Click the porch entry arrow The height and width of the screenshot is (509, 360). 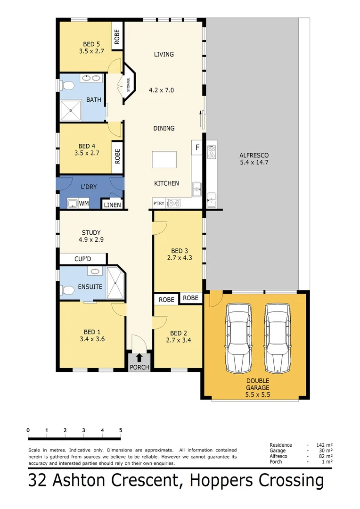tap(139, 359)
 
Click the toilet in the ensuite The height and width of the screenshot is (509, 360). tap(66, 290)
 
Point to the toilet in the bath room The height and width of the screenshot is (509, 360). tap(67, 86)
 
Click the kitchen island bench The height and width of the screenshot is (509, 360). tap(164, 159)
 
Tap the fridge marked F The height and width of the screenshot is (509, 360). tap(197, 148)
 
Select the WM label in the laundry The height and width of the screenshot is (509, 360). tap(83, 204)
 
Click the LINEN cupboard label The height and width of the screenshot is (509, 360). tap(113, 205)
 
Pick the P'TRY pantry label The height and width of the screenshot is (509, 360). tap(159, 203)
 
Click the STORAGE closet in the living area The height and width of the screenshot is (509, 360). tap(128, 85)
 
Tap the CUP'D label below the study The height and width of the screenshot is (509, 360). tap(83, 259)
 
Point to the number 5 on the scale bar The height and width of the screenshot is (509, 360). tap(121, 430)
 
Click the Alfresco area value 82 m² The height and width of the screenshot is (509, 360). tap(327, 456)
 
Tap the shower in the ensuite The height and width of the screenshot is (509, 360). tap(115, 283)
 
